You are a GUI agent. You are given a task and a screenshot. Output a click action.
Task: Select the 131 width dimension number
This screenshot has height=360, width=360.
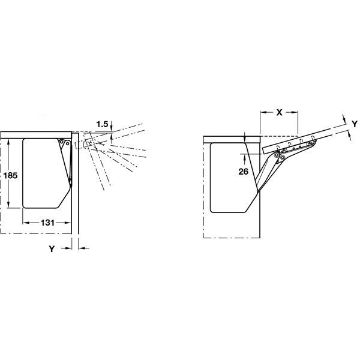click(47, 222)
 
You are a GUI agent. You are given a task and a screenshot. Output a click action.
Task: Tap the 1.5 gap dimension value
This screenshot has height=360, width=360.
click(101, 124)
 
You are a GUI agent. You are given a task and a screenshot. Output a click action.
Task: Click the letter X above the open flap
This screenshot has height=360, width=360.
click(279, 112)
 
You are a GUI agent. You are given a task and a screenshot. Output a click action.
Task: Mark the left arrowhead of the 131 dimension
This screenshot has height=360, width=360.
click(25, 222)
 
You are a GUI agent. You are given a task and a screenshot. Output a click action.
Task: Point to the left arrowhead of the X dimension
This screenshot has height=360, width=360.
click(263, 112)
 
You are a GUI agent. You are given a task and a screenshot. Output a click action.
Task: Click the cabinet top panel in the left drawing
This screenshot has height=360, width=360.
click(36, 134)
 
